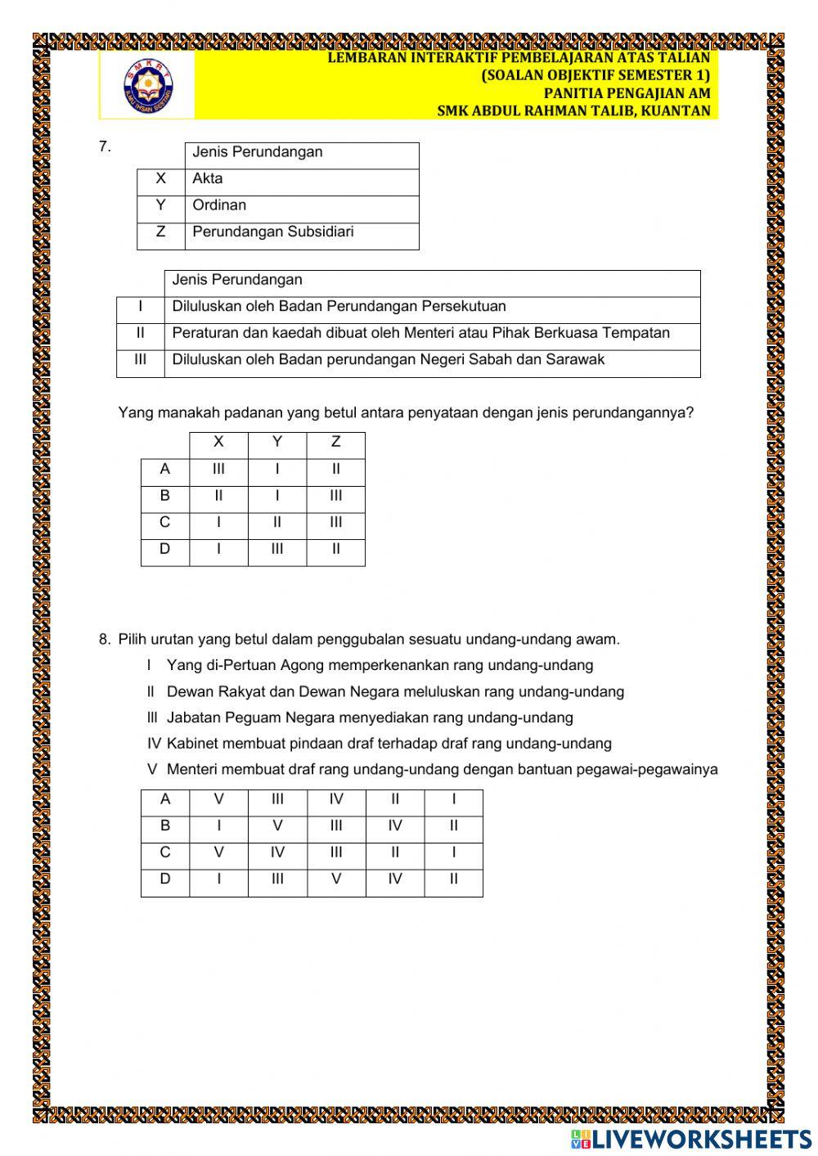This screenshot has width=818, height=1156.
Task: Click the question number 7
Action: point(104,147)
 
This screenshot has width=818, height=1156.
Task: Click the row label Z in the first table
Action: point(160,232)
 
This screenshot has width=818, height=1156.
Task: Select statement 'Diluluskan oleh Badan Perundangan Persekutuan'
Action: point(339,307)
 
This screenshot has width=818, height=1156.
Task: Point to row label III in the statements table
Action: point(140,360)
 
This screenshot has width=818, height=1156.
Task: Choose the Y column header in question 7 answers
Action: point(277,443)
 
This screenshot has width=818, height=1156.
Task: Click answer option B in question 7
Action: point(164,496)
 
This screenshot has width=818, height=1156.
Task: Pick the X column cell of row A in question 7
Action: point(218,470)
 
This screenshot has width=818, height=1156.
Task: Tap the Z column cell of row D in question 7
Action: point(335,550)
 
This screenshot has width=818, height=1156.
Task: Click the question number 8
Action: point(104,640)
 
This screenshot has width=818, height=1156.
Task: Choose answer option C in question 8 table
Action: point(164,853)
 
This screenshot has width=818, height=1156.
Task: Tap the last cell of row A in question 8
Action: point(453,800)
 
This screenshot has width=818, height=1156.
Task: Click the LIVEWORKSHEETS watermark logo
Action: point(691,1139)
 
